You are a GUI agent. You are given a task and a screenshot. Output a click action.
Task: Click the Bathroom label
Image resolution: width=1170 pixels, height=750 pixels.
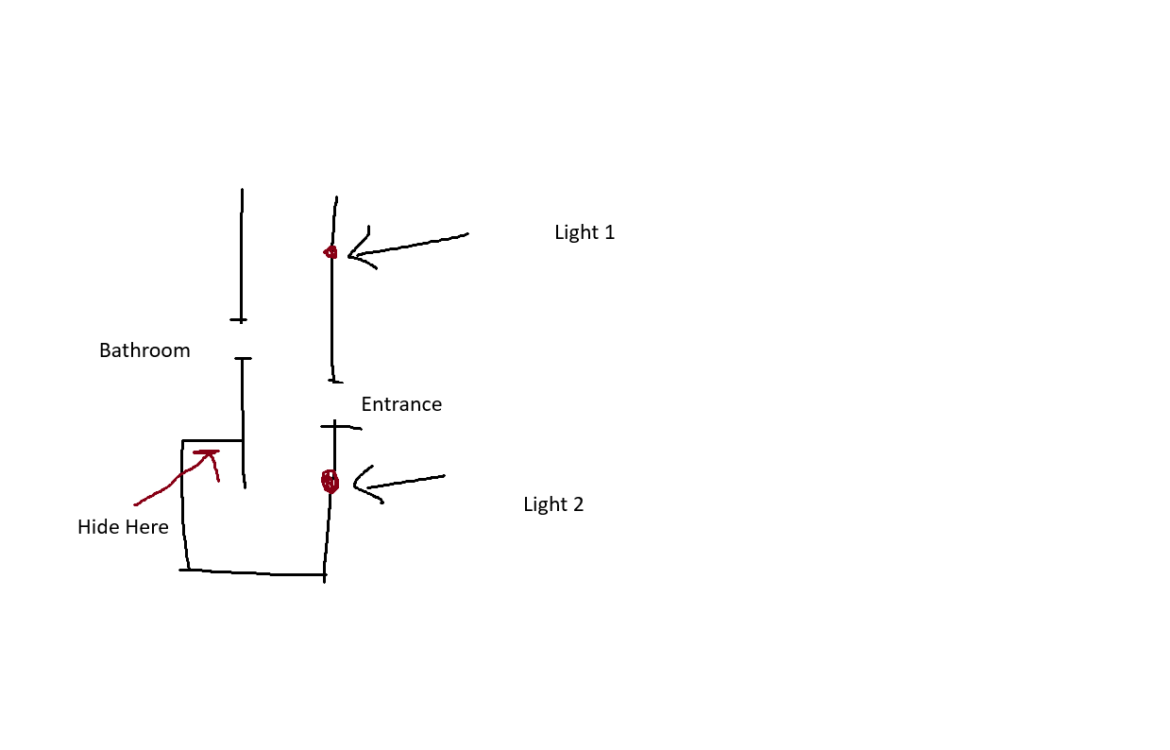[144, 350]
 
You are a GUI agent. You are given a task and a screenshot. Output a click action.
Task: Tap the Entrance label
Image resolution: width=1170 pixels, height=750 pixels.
[401, 404]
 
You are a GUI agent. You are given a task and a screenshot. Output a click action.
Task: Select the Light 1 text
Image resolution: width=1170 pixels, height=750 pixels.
[585, 232]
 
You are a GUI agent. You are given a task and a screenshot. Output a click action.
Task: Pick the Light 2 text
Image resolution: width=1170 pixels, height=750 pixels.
[553, 504]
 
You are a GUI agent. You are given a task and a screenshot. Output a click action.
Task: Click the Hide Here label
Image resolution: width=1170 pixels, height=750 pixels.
[123, 527]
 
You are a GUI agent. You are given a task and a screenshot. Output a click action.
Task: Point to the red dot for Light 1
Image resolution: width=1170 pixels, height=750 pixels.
[331, 252]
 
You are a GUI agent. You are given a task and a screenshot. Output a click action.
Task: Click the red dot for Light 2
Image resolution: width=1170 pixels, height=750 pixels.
[330, 482]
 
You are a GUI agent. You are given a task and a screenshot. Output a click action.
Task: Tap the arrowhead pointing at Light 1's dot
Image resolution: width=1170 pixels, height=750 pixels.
[352, 253]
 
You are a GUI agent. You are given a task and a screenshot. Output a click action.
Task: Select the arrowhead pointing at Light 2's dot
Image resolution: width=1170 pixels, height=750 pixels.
[358, 486]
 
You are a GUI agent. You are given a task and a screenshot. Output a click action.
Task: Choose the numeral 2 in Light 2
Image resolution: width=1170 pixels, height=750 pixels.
[578, 504]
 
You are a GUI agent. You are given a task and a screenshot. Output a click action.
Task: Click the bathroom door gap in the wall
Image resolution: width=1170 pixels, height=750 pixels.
[243, 340]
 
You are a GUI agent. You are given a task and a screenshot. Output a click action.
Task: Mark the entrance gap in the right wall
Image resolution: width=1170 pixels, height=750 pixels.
[333, 404]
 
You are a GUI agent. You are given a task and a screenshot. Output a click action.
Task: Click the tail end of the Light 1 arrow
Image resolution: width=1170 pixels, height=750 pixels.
[466, 234]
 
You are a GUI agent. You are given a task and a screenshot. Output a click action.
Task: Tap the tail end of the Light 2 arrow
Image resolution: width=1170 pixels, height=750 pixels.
[443, 476]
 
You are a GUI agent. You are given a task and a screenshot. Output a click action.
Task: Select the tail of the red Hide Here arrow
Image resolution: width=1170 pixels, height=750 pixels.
[137, 503]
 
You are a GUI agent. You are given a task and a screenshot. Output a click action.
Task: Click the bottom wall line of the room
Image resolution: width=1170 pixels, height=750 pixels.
[255, 572]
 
